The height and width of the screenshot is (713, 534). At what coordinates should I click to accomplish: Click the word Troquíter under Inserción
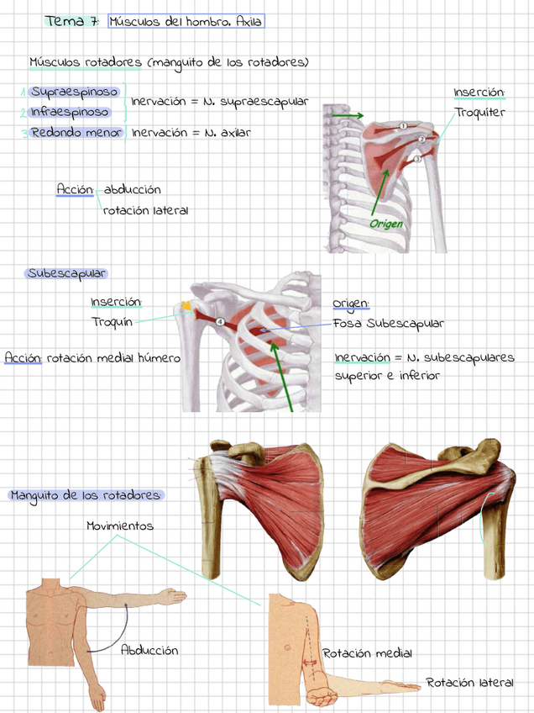[479, 113]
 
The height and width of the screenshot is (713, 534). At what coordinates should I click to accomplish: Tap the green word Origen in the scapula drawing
[386, 224]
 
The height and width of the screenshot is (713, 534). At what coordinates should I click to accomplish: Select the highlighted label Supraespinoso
[74, 92]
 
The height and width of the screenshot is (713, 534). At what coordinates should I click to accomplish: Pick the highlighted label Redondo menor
[76, 132]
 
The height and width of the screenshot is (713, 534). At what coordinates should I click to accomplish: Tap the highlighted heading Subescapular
[66, 273]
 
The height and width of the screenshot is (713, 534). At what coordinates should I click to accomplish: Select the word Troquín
[110, 321]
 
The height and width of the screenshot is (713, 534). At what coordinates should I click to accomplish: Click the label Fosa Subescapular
[388, 323]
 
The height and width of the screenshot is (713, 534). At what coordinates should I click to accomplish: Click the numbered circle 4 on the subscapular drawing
[220, 321]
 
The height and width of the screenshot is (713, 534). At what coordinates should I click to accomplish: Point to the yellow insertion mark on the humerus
[186, 305]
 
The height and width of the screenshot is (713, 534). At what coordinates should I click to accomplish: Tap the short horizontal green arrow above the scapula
[347, 115]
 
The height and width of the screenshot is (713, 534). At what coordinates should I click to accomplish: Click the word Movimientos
[119, 526]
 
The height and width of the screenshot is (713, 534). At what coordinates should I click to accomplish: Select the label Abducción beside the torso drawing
[149, 650]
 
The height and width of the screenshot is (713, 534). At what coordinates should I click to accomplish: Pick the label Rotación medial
[367, 653]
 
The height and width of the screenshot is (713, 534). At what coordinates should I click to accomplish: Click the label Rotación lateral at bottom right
[469, 682]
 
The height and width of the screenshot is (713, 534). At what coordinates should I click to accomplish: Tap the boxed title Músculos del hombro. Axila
[186, 21]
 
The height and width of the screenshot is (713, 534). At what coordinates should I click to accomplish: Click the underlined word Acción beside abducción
[74, 190]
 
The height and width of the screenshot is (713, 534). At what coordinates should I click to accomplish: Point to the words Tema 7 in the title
[71, 21]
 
